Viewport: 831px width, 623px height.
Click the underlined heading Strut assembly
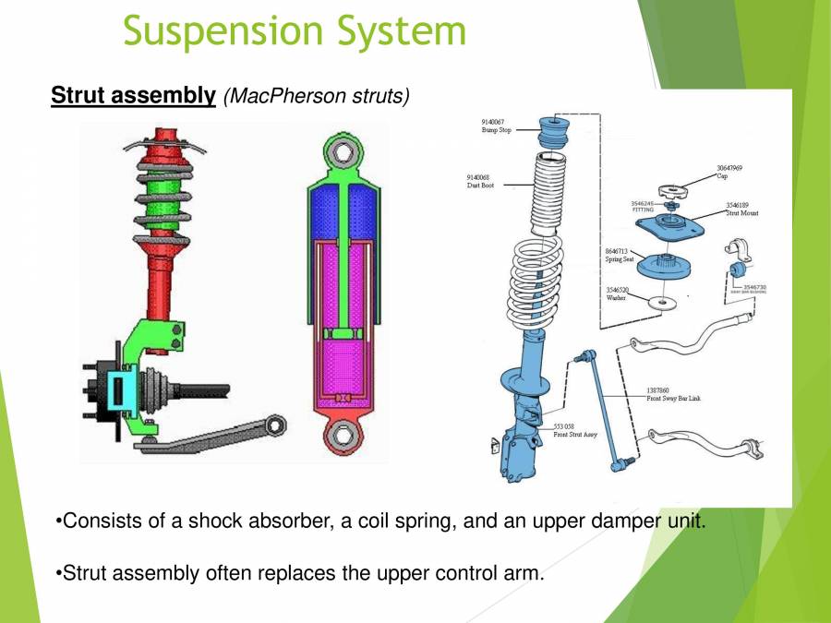(x=133, y=96)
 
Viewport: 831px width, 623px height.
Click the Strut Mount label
(x=741, y=213)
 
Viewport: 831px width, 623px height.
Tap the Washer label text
(x=616, y=298)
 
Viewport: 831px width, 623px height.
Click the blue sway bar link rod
(x=599, y=407)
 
